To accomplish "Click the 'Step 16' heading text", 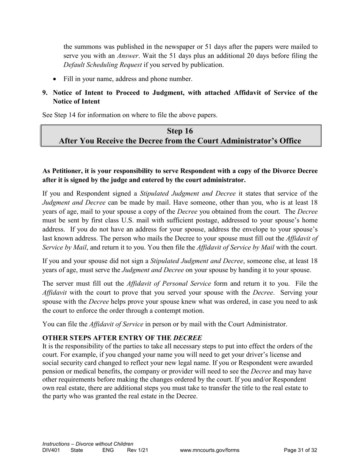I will [180, 131].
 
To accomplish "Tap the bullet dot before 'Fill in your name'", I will [55, 79].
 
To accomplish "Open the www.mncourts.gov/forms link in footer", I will [210, 450].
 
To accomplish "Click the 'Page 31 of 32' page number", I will [300, 450].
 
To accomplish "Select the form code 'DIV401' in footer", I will [51, 450].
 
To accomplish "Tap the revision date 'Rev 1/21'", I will [137, 450].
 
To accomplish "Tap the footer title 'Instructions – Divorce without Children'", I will [88, 444].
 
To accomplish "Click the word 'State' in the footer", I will [77, 450].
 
